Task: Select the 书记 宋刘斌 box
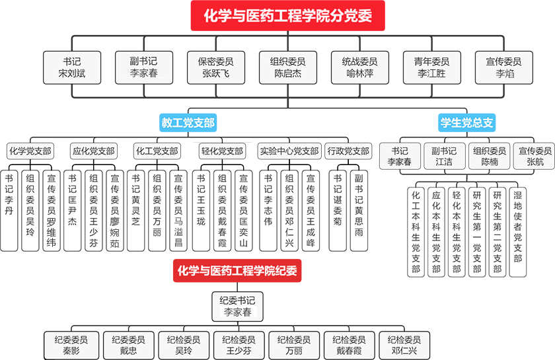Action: pos(72,67)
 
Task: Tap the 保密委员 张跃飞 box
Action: pos(215,67)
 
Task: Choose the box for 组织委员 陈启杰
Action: pos(287,67)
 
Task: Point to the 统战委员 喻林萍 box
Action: pos(359,67)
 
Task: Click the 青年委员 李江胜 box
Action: pos(431,67)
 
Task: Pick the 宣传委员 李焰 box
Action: pos(503,67)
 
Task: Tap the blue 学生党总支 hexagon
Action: pos(467,122)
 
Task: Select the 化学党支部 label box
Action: pos(30,151)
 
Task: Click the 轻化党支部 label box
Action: pos(223,151)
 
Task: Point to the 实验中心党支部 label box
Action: pos(289,151)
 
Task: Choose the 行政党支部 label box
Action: pos(348,151)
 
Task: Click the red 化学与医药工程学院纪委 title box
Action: pos(236,270)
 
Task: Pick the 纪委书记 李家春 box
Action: pos(237,306)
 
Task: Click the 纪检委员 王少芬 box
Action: pos(239,345)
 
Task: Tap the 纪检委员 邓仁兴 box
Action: pos(404,345)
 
